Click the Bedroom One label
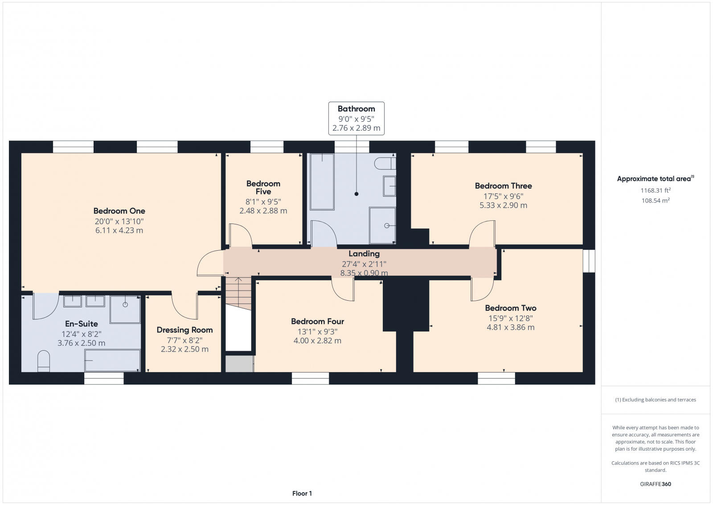tap(119, 211)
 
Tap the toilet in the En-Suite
tap(43, 361)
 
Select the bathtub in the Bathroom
tap(322, 182)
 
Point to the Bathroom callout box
tap(356, 118)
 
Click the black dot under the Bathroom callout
tap(356, 194)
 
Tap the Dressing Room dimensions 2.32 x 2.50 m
tap(184, 349)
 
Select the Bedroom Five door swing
tap(240, 235)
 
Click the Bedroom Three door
tap(483, 233)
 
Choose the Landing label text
tap(364, 254)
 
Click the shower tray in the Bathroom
tap(382, 225)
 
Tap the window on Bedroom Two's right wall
tap(589, 261)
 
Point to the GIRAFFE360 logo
tap(656, 484)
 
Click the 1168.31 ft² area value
tap(656, 190)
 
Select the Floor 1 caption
tap(302, 493)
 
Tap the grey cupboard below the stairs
tap(239, 364)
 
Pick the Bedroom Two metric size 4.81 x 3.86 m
tap(510, 327)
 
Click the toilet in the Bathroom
tap(384, 163)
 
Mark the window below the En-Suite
tap(104, 378)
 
